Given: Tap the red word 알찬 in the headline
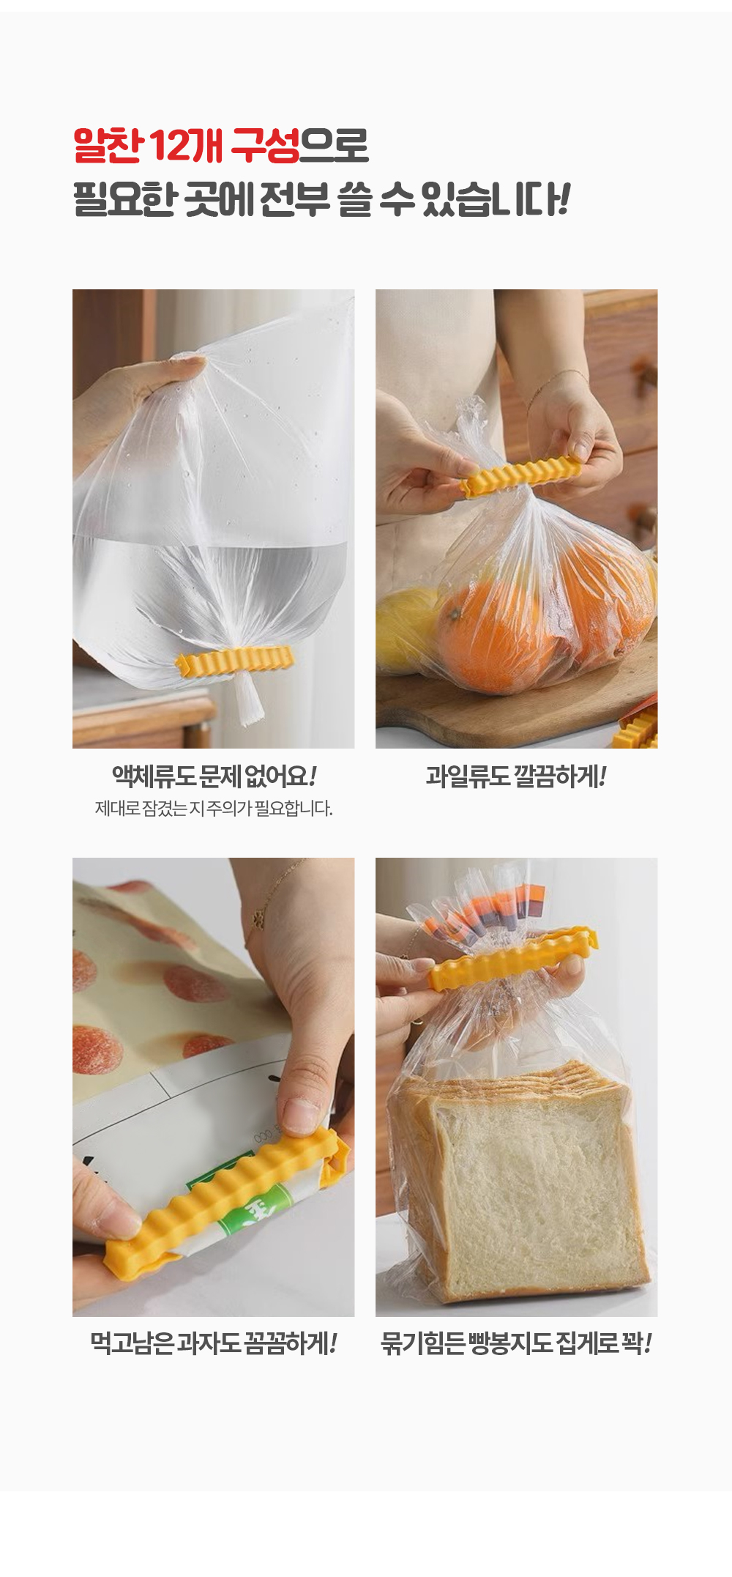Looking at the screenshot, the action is pyautogui.click(x=107, y=145).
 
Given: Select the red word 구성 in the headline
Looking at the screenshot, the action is pyautogui.click(x=265, y=145).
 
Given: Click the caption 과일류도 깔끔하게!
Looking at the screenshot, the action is pyautogui.click(x=516, y=776).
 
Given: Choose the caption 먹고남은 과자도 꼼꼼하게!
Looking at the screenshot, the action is pyautogui.click(x=213, y=1343).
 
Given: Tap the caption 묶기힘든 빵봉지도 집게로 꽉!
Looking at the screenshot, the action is pyautogui.click(x=516, y=1343).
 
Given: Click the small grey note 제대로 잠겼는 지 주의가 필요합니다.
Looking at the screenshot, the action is pyautogui.click(x=214, y=809).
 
